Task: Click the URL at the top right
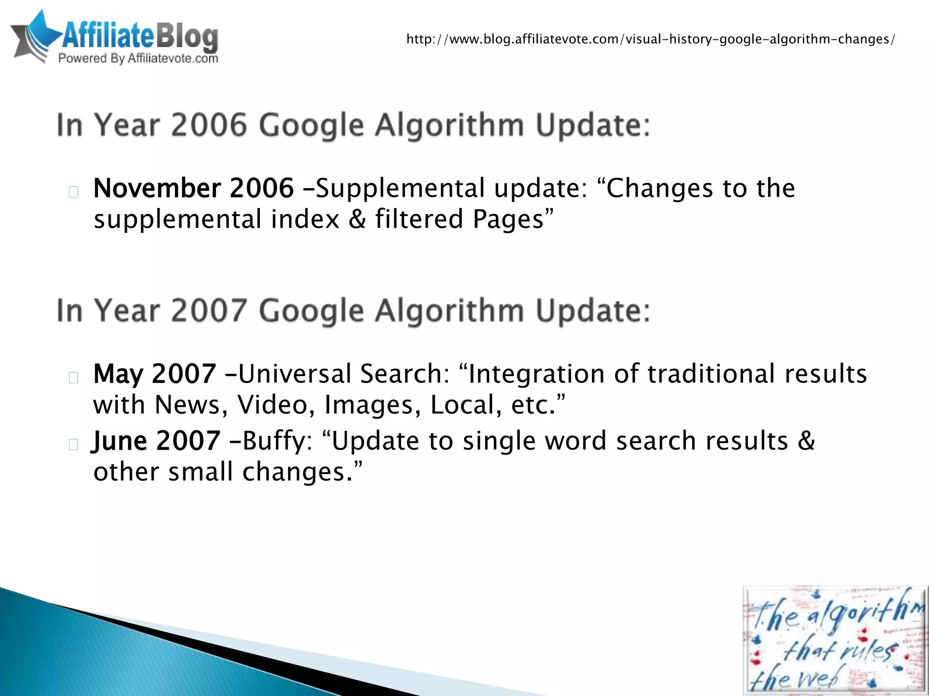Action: pyautogui.click(x=650, y=39)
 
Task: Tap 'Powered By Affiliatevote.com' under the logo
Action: pyautogui.click(x=138, y=58)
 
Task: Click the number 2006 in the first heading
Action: pyautogui.click(x=209, y=125)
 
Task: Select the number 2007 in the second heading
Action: pyautogui.click(x=209, y=311)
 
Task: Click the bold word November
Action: pyautogui.click(x=157, y=188)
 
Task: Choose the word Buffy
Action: pyautogui.click(x=274, y=441)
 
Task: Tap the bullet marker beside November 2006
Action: pyautogui.click(x=73, y=192)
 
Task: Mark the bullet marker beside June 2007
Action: pyautogui.click(x=73, y=445)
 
